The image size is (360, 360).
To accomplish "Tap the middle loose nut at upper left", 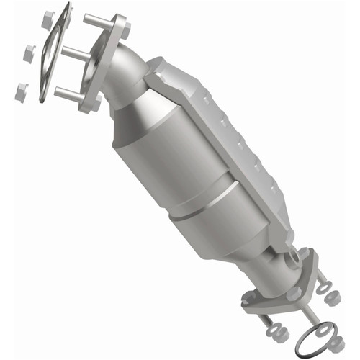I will [30, 53].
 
